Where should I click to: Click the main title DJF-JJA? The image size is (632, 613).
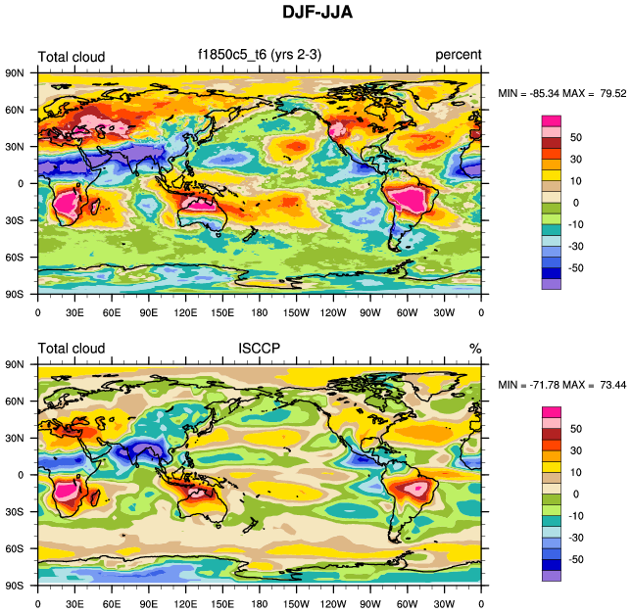coord(316,14)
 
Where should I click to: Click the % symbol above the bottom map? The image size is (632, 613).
coord(475,348)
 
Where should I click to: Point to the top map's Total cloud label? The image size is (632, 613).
coord(71,57)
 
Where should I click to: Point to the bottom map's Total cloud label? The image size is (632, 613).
coord(71,348)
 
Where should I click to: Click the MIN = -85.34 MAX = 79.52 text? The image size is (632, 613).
coord(562,93)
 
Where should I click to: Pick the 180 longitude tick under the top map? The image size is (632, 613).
coord(260,312)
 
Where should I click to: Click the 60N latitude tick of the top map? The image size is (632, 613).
coord(17,110)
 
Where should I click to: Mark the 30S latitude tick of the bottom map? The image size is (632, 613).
coord(17,511)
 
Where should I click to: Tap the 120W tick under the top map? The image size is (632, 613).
coord(333,312)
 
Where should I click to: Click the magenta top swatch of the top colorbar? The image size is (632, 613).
coord(552,119)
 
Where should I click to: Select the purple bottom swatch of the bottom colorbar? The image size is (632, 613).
coord(552,576)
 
